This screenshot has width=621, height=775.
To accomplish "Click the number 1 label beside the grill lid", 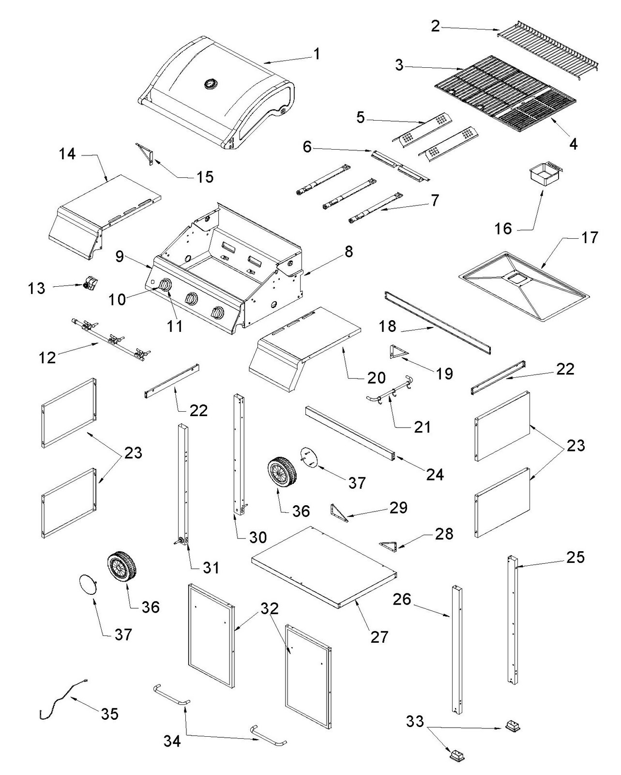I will click(x=317, y=53).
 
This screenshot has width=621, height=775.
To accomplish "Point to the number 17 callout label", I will click(x=590, y=237).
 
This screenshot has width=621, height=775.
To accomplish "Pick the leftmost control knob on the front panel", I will click(x=165, y=286).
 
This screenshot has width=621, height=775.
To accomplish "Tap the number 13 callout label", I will click(x=35, y=288).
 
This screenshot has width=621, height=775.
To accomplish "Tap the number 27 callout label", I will click(x=379, y=636).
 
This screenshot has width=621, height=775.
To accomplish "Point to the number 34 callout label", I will click(x=172, y=741).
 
